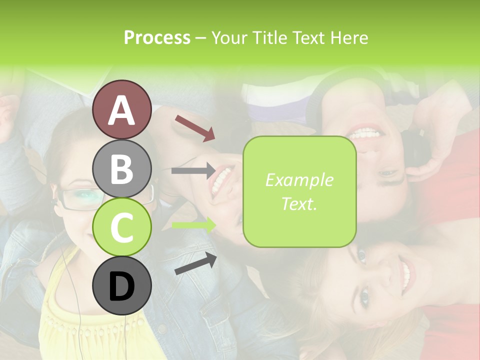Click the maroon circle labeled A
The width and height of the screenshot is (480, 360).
pyautogui.click(x=121, y=109)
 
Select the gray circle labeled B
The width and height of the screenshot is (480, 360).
pyautogui.click(x=121, y=168)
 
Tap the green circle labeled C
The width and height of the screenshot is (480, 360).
pyautogui.click(x=121, y=227)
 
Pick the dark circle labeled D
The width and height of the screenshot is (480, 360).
pyautogui.click(x=121, y=286)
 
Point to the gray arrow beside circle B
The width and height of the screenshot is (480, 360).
pyautogui.click(x=193, y=171)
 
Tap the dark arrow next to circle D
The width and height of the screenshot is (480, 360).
pyautogui.click(x=195, y=264)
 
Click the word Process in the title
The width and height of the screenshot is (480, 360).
pyautogui.click(x=157, y=38)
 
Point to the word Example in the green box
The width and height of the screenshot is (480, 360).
pyautogui.click(x=299, y=180)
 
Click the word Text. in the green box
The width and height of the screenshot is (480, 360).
pyautogui.click(x=299, y=204)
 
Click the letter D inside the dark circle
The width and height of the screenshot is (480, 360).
pyautogui.click(x=121, y=287)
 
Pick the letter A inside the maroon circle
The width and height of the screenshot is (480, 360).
pyautogui.click(x=121, y=110)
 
